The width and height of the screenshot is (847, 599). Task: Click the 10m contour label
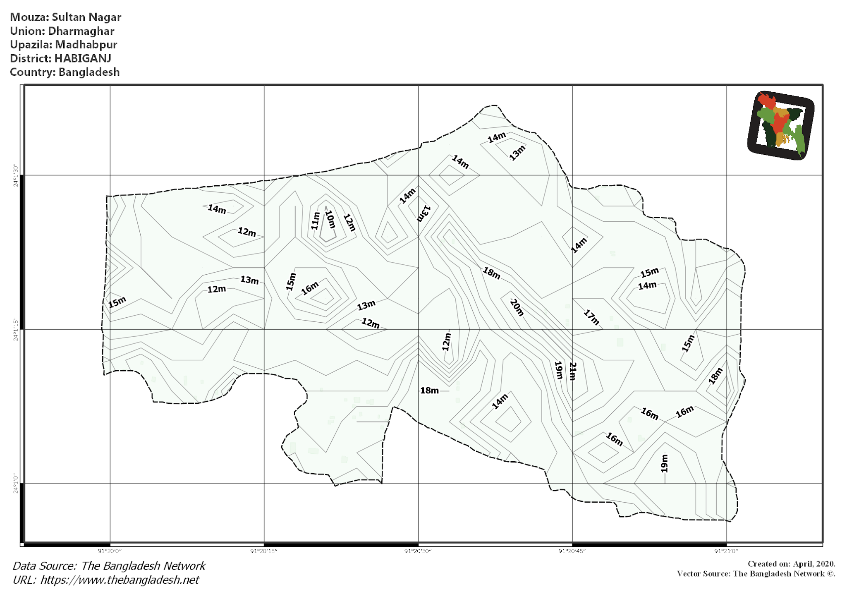pos(330,219)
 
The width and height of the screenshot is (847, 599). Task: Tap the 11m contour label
pos(315,221)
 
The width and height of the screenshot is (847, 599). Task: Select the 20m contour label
pos(517,307)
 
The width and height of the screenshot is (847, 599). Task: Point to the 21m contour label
pos(572,371)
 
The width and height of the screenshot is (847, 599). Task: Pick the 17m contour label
pos(591,317)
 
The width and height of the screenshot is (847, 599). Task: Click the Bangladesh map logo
pos(781,125)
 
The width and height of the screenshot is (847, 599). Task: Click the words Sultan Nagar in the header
pos(86,17)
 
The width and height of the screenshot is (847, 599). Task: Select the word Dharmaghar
pos(81,31)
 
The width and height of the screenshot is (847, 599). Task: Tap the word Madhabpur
pos(86,45)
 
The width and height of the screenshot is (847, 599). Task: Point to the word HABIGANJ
pos(83,58)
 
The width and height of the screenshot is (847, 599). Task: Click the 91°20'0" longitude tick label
pos(110,551)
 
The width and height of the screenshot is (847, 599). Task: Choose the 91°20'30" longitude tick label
pos(418,551)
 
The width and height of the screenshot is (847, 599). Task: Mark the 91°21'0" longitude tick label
pos(726,551)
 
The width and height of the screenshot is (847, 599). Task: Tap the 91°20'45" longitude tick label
pos(572,551)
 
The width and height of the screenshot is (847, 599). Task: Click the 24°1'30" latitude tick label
pos(16,175)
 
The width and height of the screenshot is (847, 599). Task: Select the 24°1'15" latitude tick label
pos(16,330)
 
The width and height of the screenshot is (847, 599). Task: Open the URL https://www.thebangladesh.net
pos(120,580)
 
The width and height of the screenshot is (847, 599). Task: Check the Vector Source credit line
pos(756,574)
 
